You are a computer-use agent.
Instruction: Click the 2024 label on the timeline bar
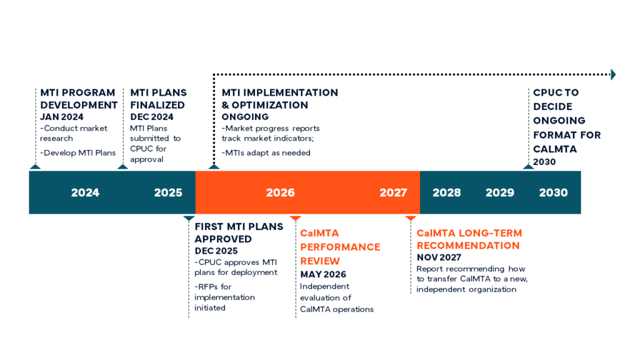85,192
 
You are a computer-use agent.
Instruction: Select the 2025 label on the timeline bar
168,192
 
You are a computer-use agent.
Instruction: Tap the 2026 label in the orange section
281,192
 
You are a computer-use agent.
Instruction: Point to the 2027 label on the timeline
394,192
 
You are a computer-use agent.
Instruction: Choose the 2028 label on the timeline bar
447,192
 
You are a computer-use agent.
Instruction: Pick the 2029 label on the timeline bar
500,192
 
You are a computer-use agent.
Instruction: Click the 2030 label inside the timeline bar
554,192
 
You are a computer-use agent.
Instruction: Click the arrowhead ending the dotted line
614,75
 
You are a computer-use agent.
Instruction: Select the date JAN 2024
62,117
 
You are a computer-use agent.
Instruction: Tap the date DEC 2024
152,117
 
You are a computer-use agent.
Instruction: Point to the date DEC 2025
216,251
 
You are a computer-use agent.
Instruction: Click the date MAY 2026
323,275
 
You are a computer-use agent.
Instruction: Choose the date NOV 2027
439,257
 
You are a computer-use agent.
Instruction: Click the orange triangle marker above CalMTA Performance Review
296,218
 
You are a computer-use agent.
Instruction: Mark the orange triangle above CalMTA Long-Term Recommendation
411,218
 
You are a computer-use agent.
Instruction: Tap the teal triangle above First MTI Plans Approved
189,218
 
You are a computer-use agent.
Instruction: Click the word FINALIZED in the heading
157,105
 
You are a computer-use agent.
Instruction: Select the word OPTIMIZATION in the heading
270,105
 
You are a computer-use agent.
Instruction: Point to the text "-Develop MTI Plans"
78,153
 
